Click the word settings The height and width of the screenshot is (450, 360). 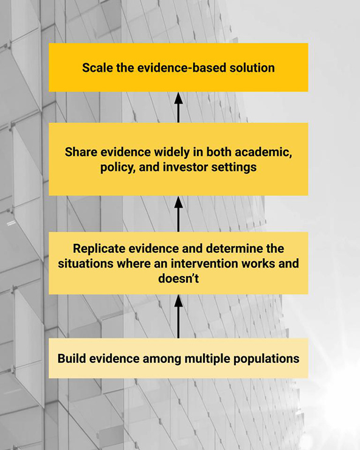pyautogui.click(x=234, y=168)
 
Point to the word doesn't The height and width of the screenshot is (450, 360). pyautogui.click(x=178, y=279)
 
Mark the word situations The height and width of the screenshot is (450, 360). pyautogui.click(x=86, y=263)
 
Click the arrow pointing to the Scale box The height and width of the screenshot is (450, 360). pyautogui.click(x=179, y=108)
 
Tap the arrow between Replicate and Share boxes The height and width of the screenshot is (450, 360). pyautogui.click(x=179, y=214)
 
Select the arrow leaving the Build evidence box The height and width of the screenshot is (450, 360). pyautogui.click(x=179, y=317)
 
